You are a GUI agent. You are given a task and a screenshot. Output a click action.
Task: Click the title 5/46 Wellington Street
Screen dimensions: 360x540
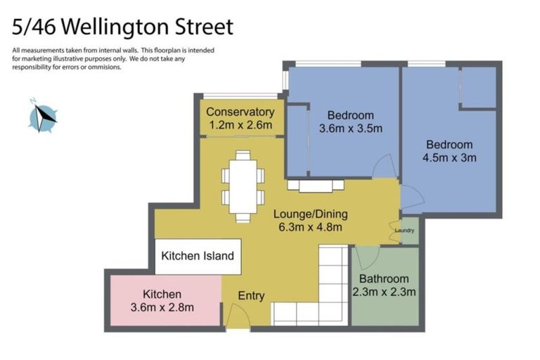[x=122, y=27]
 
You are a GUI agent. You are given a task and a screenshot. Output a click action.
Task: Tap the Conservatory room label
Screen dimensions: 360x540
[x=240, y=112]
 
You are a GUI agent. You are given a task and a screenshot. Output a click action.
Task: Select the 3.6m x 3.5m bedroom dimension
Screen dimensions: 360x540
[x=350, y=129]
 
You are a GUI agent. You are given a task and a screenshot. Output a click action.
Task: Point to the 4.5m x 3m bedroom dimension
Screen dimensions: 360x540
[x=449, y=157]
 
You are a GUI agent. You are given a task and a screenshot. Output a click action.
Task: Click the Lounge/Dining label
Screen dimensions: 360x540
[x=310, y=214]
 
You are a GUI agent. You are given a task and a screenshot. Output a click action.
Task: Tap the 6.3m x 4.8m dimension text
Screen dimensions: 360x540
[x=310, y=226]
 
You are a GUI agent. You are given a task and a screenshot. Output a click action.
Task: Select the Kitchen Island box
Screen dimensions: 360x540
[x=198, y=256]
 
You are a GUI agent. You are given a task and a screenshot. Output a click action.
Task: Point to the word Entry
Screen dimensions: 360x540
[x=251, y=296]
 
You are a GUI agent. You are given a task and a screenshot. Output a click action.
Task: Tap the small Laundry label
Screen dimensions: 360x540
[x=404, y=230]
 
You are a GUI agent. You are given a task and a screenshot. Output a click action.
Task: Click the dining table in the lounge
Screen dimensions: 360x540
[x=243, y=186]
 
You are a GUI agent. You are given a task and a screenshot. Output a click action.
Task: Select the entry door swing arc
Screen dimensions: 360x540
[x=238, y=317]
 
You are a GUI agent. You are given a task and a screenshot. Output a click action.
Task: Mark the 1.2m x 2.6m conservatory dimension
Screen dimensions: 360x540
[x=240, y=125]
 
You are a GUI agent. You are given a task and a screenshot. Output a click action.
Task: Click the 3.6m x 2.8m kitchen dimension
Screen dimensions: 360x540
[x=162, y=307]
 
